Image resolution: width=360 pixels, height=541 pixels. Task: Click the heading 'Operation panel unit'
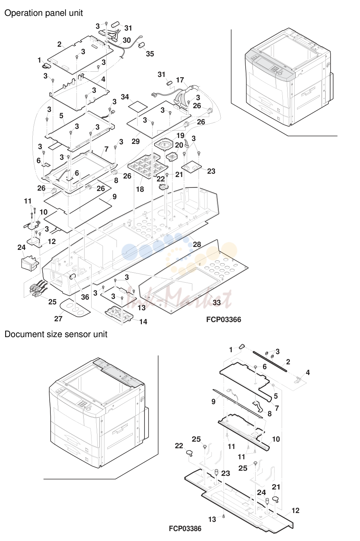[43, 13]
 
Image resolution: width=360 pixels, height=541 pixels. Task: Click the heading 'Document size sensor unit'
[56, 334]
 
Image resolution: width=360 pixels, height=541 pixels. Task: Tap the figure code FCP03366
[224, 319]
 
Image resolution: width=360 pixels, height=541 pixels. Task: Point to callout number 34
[125, 97]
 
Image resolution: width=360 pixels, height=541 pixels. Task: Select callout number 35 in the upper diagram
[150, 54]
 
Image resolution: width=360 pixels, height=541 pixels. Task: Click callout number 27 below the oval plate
[58, 319]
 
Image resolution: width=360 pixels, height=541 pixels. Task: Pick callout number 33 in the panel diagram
[217, 303]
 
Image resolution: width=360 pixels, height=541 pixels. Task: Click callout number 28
[197, 244]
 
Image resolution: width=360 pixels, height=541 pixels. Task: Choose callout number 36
[85, 297]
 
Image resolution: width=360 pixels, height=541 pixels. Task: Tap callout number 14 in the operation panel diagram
[143, 322]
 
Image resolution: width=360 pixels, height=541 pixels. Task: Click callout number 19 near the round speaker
[180, 135]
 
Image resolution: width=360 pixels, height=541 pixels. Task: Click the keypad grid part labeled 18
[148, 166]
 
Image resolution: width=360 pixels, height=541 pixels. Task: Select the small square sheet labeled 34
[138, 106]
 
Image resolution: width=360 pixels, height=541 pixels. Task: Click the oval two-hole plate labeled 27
[75, 307]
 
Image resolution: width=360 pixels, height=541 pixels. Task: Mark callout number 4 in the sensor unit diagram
[308, 372]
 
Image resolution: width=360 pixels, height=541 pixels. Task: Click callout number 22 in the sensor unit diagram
[179, 446]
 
